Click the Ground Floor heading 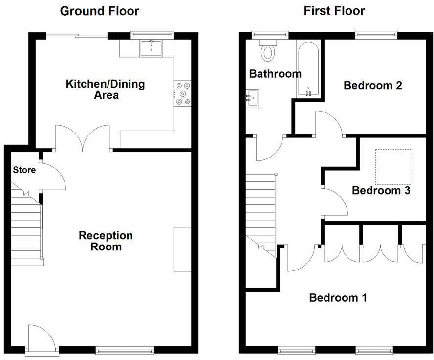point(99,11)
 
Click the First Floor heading point(334,11)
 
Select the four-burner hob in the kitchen point(183,94)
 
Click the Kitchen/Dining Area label point(106,89)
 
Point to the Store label point(24,170)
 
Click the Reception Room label point(106,241)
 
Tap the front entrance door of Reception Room point(41,338)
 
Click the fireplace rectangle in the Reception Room point(182,249)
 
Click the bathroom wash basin point(253,97)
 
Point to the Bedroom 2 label point(373,86)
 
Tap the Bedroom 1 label point(338,298)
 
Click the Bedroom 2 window point(376,34)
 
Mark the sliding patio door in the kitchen point(77,35)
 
